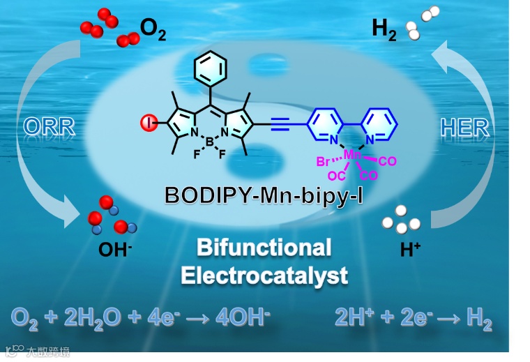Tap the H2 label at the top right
[384, 29]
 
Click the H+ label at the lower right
[410, 250]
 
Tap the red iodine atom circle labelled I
[149, 124]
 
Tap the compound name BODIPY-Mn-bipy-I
[264, 195]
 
